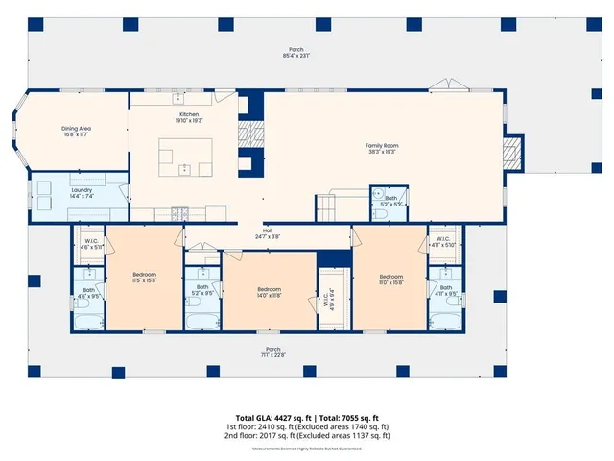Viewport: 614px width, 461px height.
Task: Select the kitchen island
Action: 185,155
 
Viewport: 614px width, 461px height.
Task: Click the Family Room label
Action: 381,148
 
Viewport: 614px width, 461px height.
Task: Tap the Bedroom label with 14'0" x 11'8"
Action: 269,293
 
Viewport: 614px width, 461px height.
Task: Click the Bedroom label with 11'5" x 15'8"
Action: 144,279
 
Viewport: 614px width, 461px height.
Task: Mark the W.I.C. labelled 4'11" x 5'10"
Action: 443,242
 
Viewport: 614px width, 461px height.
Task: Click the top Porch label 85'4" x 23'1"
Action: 295,53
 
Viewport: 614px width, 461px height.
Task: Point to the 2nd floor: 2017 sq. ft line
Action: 307,435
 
